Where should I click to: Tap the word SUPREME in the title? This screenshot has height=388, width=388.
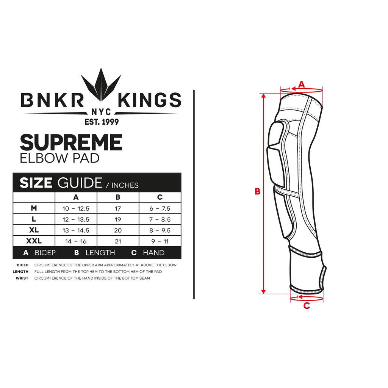(71, 142)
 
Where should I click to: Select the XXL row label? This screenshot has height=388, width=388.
(34, 241)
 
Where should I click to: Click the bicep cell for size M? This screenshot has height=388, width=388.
(76, 209)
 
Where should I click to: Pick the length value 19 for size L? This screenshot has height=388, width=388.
(118, 219)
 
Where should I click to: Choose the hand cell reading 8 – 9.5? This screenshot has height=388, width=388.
(160, 230)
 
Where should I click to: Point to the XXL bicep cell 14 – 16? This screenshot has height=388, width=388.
(76, 241)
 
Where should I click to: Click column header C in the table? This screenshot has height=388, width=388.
(160, 197)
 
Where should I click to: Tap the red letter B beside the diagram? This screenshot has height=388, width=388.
(258, 191)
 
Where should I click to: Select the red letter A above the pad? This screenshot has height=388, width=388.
(301, 84)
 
